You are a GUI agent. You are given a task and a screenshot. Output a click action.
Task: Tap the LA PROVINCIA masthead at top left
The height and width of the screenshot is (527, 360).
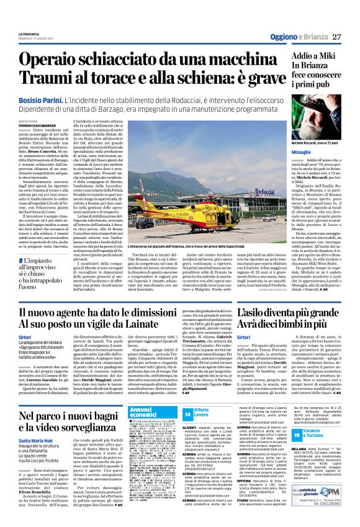point(31,34)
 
